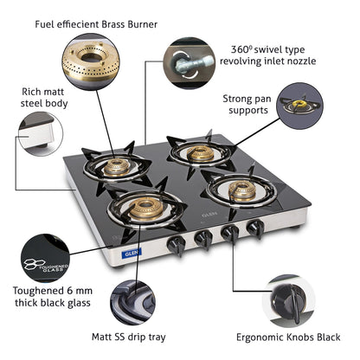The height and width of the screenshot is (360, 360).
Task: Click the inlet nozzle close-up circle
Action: tap(188, 61)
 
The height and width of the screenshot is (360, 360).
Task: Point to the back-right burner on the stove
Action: tap(199, 152)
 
